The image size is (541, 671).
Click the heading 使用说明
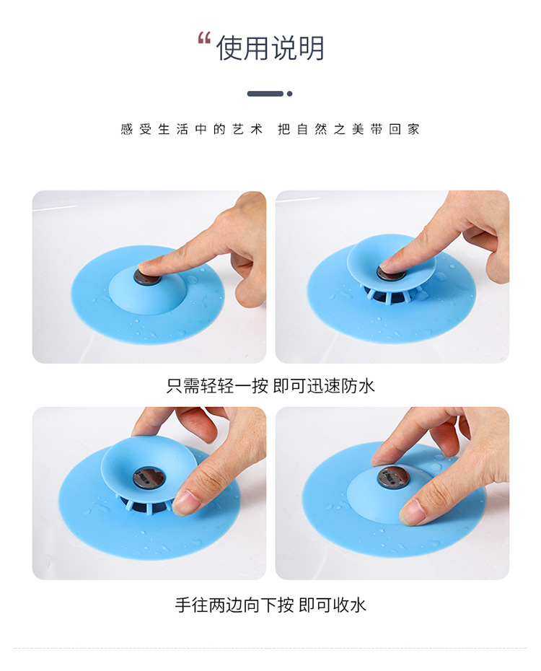point(270,48)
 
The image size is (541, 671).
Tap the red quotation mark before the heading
point(204,38)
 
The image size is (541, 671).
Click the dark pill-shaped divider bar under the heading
point(265,94)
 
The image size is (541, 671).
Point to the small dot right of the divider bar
point(290,94)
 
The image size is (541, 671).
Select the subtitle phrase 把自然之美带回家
point(349,130)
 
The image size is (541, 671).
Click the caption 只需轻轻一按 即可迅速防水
point(270,386)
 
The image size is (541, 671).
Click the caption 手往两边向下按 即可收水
point(270,605)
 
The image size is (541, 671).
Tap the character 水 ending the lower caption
point(358,605)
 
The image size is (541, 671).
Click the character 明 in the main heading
point(311,48)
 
